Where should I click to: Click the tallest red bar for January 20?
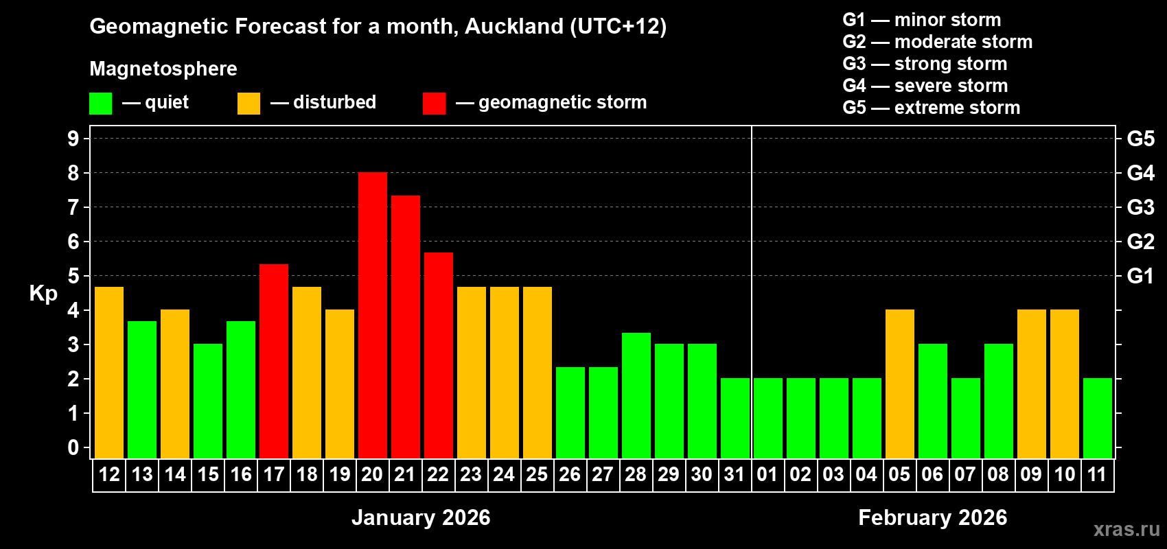pos(373,315)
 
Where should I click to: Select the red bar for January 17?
pos(274,361)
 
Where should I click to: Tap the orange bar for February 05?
pos(900,384)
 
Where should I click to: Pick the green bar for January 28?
pos(636,395)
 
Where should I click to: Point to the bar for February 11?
pos(1098,418)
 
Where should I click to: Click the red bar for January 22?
pos(439,355)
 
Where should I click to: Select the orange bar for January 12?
pos(109,372)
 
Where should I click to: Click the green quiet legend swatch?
pos(101,104)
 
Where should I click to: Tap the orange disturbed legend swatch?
pos(249,104)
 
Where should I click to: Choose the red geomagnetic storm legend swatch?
pos(434,104)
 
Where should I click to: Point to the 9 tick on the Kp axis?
pos(73,139)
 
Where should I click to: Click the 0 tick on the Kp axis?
pos(73,447)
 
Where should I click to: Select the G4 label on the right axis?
pos(1140,173)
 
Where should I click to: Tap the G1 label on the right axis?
pos(1140,276)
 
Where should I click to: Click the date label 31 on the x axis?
pos(735,474)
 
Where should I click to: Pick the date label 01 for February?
pos(767,474)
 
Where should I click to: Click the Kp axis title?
pos(43,293)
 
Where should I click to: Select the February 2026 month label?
pos(932,517)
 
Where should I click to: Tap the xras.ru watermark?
pos(1126,528)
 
